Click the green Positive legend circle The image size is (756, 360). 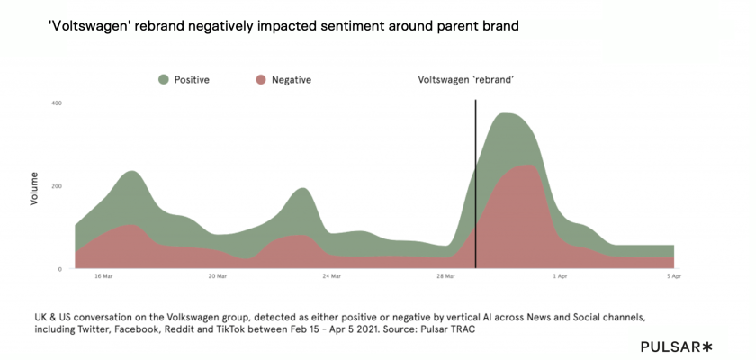(163, 79)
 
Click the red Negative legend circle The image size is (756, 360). (261, 79)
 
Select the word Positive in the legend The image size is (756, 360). (192, 80)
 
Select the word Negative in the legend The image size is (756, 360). (292, 80)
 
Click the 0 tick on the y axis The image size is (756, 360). (59, 269)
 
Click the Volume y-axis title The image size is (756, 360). (34, 187)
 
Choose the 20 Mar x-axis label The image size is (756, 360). (217, 277)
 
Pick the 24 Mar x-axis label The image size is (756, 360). (331, 277)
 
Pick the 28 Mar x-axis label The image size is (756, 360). (445, 277)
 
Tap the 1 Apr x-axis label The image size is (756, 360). (560, 277)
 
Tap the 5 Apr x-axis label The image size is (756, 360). (674, 277)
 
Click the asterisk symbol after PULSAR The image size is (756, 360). (707, 346)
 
